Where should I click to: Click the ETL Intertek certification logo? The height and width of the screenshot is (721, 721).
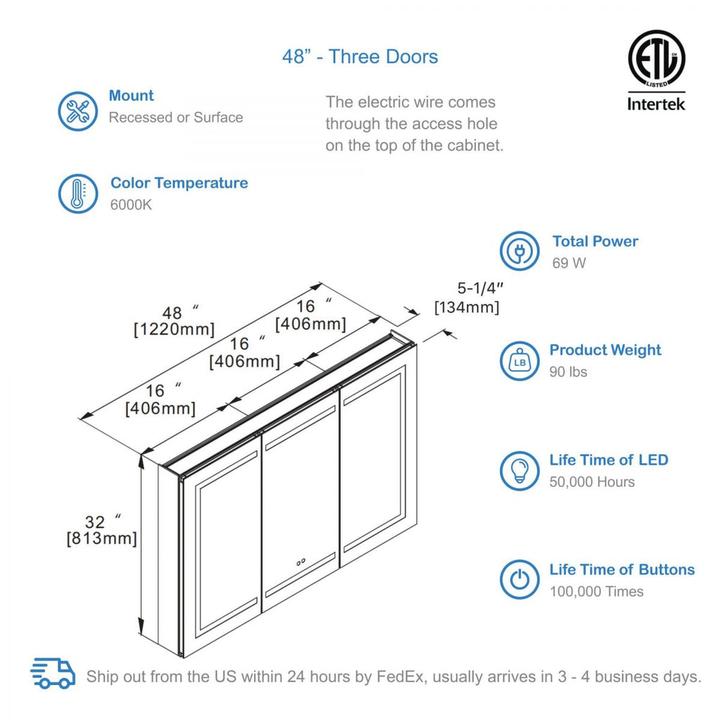click(x=656, y=70)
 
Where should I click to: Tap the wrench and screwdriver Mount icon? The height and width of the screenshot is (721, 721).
click(x=77, y=111)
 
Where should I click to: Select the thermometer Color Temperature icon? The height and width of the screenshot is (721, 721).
click(x=77, y=194)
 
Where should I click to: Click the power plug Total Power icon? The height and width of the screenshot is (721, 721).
click(x=520, y=251)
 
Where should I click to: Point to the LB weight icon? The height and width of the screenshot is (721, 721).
click(x=520, y=360)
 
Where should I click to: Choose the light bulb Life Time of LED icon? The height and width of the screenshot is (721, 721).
click(x=520, y=470)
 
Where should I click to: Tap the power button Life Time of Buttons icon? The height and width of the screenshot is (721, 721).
click(x=520, y=580)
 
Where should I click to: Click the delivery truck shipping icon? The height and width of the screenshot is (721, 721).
click(x=54, y=674)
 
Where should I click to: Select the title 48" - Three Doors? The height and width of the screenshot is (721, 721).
click(x=360, y=57)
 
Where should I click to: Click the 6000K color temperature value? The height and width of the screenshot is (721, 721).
click(x=131, y=205)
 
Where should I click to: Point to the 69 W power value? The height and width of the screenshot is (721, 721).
click(x=569, y=263)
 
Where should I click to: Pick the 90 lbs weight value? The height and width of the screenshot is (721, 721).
click(x=568, y=372)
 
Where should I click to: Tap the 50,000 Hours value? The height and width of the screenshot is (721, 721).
click(x=591, y=482)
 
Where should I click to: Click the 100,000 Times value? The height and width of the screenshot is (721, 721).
click(x=596, y=591)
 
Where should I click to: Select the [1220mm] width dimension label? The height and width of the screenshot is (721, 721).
click(x=174, y=330)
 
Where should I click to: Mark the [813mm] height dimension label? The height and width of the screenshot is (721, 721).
click(x=101, y=539)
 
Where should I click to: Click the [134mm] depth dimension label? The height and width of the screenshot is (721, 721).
click(x=467, y=307)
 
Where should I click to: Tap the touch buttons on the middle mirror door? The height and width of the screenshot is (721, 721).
click(x=301, y=562)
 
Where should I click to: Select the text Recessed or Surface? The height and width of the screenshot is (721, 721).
click(x=175, y=118)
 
